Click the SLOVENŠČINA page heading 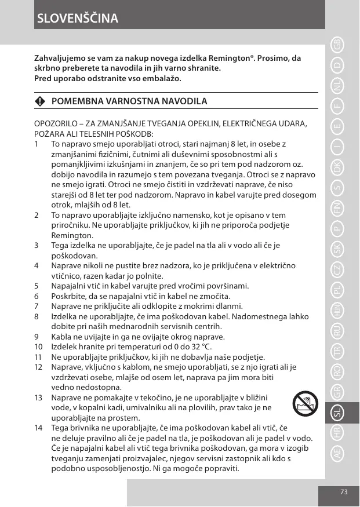(x=78, y=19)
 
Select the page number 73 (x=344, y=491)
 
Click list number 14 (x=39, y=427)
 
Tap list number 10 (x=39, y=346)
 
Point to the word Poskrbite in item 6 (x=68, y=296)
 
